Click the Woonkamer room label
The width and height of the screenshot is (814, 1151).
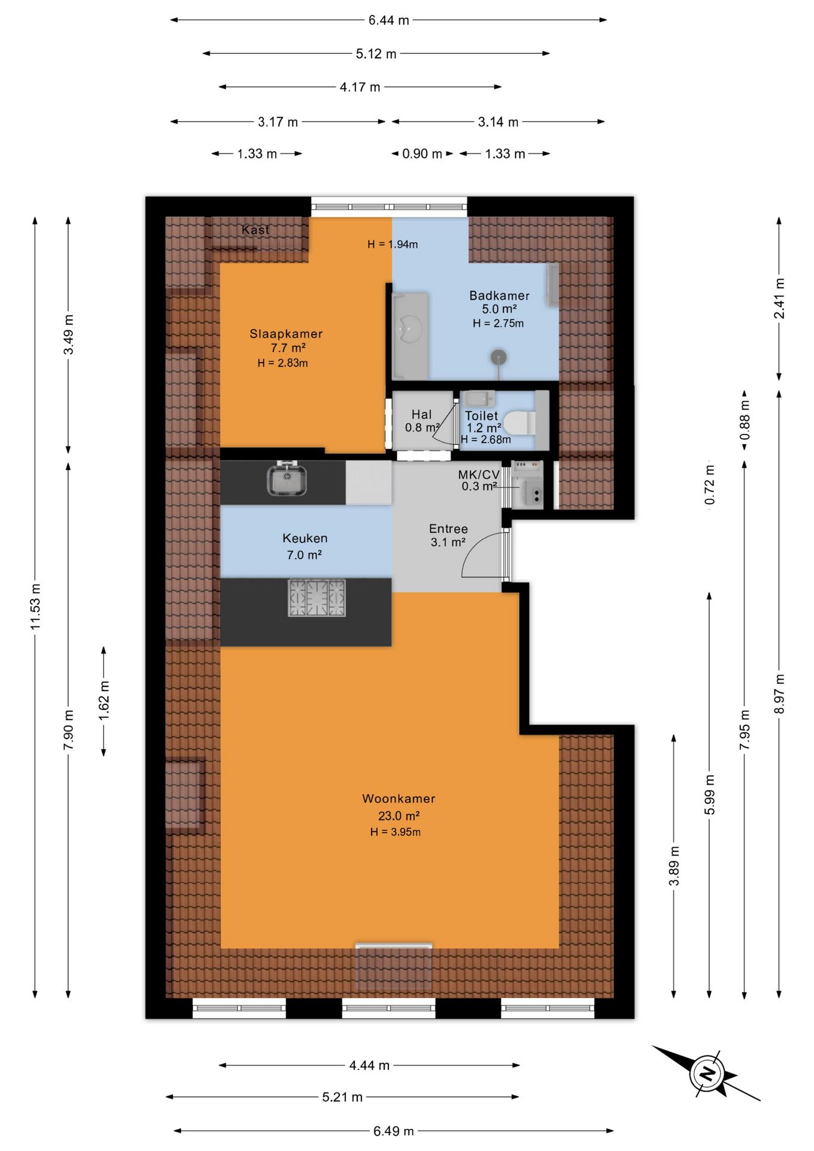pos(399,799)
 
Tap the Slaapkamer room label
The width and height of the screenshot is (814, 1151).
pos(286,334)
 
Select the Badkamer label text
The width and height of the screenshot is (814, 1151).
pos(499,296)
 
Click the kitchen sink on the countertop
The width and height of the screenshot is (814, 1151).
pos(287,479)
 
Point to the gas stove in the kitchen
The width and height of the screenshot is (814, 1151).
pos(317,598)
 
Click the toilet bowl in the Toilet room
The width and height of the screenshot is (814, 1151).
pos(519,423)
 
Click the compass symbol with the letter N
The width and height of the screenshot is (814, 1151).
pos(707,1073)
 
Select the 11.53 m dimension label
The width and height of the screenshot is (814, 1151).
pos(35,606)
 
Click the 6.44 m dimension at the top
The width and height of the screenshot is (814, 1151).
pos(388,20)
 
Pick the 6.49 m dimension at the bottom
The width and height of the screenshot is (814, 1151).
pos(393,1131)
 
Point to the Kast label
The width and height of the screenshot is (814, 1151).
pos(255,230)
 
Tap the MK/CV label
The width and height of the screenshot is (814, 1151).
pos(478,475)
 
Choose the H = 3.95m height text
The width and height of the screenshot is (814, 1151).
pos(395,832)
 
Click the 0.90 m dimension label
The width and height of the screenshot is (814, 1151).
pos(422,154)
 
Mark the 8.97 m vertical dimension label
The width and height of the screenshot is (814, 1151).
pos(779,694)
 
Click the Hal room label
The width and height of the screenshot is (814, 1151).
pos(421,414)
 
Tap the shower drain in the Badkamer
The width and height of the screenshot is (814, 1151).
pos(499,358)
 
